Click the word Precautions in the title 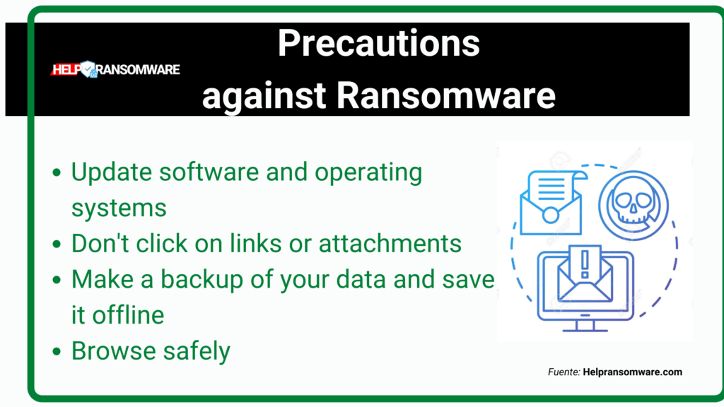379,43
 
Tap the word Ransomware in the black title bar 445,95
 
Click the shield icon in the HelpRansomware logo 87,69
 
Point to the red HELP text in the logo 66,70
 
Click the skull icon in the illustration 633,206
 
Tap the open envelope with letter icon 551,203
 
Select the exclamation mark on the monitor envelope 585,264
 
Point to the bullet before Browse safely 57,352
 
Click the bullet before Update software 57,172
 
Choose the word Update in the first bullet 112,172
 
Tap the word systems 119,208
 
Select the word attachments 390,244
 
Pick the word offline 129,315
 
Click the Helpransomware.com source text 632,372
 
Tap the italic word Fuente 564,372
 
